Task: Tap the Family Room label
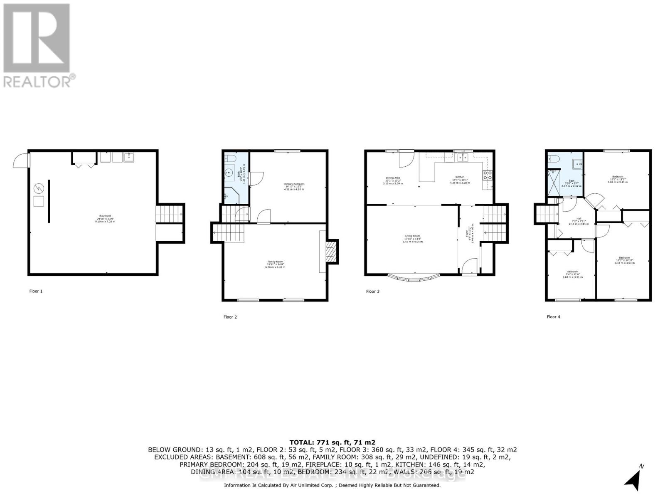pyautogui.click(x=275, y=262)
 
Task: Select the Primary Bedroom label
pyautogui.click(x=294, y=184)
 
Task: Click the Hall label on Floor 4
pyautogui.click(x=579, y=218)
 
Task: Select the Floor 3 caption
pyautogui.click(x=372, y=291)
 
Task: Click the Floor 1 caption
pyautogui.click(x=36, y=291)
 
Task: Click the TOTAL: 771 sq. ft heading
pyautogui.click(x=332, y=442)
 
